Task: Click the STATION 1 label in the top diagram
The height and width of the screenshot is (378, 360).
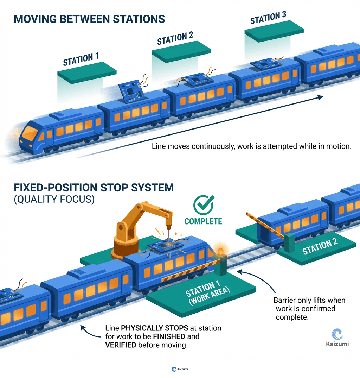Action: (81, 59)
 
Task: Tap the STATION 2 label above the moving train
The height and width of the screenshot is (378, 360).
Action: (175, 38)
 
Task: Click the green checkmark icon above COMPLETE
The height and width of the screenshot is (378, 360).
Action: (204, 206)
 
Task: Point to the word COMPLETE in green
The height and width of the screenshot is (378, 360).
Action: (203, 221)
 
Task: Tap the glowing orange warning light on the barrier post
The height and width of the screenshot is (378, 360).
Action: (220, 251)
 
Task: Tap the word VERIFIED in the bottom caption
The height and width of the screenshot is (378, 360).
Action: (121, 345)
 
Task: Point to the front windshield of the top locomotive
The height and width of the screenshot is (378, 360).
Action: (30, 133)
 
